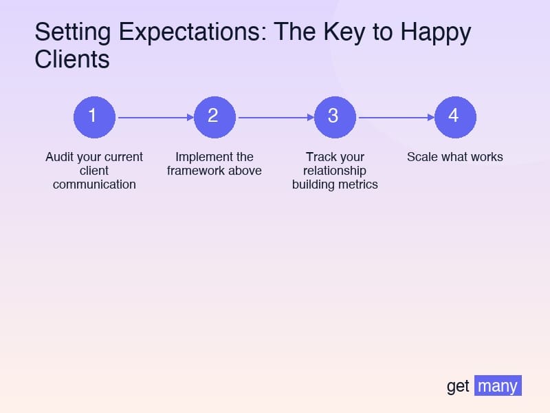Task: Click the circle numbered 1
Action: pos(94,117)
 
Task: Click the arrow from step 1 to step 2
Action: pos(155,118)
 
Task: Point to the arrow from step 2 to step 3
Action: pos(275,118)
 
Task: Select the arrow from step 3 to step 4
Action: pos(395,118)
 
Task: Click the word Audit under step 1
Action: pos(59,157)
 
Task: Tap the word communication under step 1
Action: pos(94,184)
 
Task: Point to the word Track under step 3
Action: pos(320,157)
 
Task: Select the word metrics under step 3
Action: pos(357,184)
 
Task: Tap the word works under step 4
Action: pos(485,157)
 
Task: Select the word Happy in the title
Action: pos(436,33)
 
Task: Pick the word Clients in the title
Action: pos(71,60)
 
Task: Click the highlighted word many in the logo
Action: pos(498,385)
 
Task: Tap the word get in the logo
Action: pos(458,386)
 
